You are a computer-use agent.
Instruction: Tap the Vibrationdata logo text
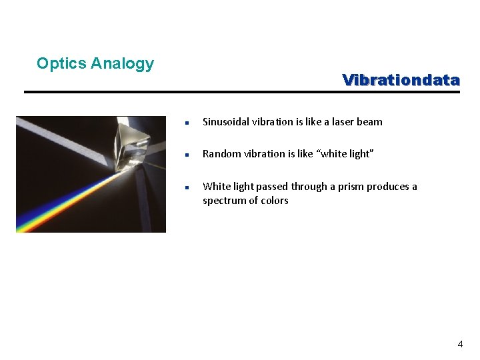pos(401,80)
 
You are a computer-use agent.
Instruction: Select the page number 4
pos(459,344)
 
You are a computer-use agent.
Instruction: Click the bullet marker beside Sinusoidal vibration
pos(189,123)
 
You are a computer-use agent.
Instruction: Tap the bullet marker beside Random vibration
pos(189,155)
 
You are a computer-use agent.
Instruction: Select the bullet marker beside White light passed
pos(189,187)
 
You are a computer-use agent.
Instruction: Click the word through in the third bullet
pos(310,187)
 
